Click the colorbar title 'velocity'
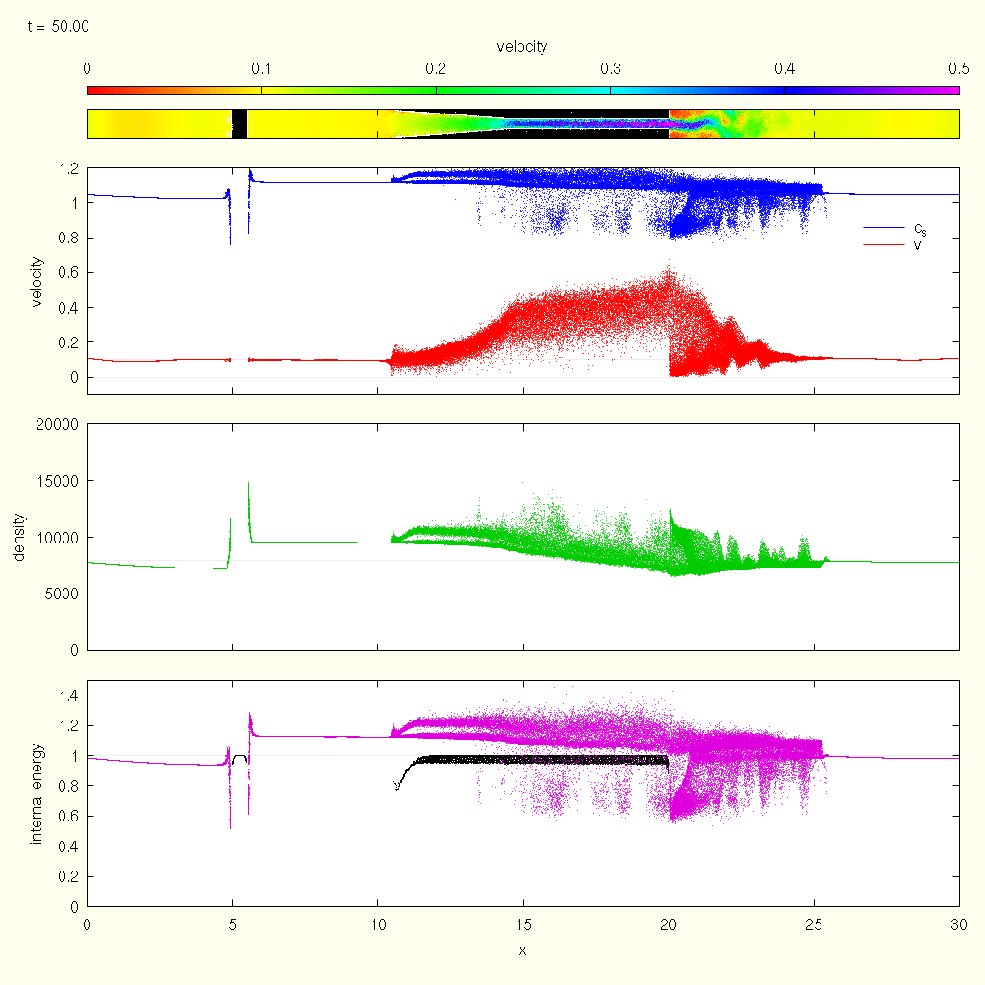coord(522,47)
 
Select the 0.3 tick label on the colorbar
coord(610,68)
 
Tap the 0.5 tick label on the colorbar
coord(958,68)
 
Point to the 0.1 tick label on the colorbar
coord(262,68)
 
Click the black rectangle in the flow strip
coord(240,123)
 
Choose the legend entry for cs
coord(921,228)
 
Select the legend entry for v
coord(921,245)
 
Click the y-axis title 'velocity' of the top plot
coord(38,281)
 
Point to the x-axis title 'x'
coord(522,951)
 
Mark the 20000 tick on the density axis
coord(57,424)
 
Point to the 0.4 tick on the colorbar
coord(784,68)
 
